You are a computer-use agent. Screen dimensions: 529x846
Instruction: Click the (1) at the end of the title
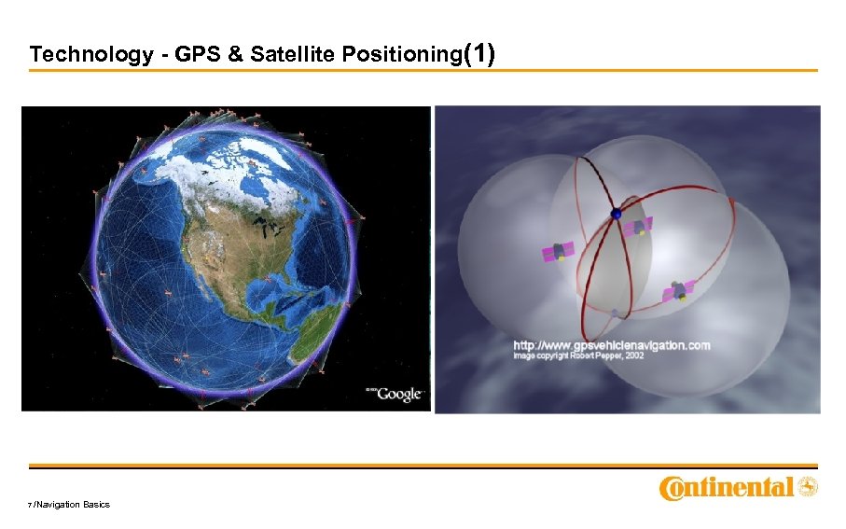(x=479, y=53)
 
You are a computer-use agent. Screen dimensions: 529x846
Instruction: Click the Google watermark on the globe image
(x=395, y=394)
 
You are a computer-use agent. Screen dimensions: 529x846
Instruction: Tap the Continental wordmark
(x=727, y=487)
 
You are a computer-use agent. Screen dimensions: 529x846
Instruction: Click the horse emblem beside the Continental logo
(x=808, y=486)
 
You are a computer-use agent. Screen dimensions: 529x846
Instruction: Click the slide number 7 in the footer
(x=31, y=505)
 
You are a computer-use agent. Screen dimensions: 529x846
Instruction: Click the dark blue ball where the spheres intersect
(x=614, y=215)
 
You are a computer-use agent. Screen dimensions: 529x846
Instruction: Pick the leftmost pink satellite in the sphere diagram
(x=558, y=252)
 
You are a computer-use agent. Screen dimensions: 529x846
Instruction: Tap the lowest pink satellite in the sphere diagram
(x=679, y=291)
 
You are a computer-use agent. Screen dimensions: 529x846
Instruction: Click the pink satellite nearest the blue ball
(x=640, y=226)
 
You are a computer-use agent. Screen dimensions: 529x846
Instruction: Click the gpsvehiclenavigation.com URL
(x=611, y=345)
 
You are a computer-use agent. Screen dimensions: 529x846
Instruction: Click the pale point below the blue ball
(x=615, y=312)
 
